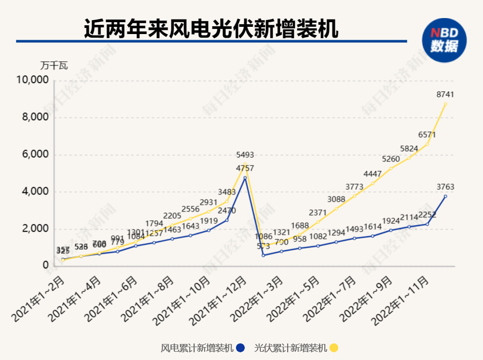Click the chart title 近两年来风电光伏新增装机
tap(211, 28)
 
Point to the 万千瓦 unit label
tap(54, 66)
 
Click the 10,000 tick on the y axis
tap(32, 80)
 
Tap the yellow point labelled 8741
tap(445, 104)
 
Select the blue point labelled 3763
tap(445, 196)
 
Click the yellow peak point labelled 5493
tap(245, 164)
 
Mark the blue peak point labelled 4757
tap(245, 178)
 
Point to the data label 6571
tap(427, 134)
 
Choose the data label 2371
tap(318, 212)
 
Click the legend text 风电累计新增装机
tap(197, 348)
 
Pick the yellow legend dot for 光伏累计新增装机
tap(334, 348)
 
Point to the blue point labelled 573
tap(263, 255)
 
